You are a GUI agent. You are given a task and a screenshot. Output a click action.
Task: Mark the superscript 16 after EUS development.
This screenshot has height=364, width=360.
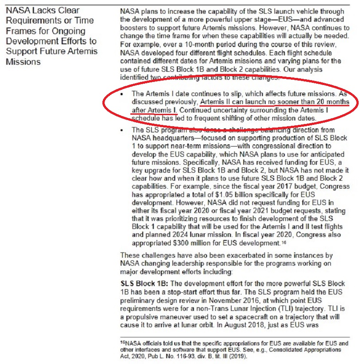point(283,242)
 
